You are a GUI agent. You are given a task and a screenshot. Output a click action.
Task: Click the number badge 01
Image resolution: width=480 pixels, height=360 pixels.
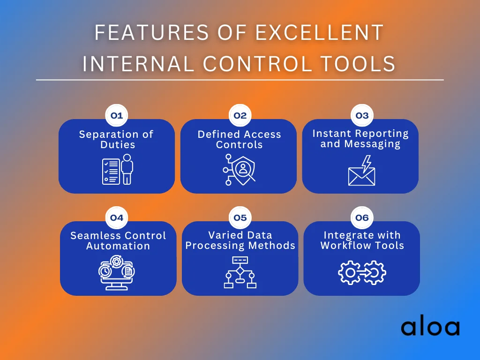pos(116,115)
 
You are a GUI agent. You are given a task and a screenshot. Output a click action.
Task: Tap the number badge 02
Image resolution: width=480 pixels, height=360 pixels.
pos(240,115)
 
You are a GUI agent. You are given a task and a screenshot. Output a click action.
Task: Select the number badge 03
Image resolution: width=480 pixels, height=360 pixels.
pos(362,115)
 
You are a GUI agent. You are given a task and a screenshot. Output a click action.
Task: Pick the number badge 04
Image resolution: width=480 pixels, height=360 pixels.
pos(116,217)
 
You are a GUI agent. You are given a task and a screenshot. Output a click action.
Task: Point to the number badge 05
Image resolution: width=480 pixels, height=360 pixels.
pos(240,217)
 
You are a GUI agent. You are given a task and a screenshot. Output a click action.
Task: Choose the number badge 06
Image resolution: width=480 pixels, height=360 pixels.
pos(362,217)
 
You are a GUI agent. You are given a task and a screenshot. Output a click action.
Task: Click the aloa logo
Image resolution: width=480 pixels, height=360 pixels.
pos(430,328)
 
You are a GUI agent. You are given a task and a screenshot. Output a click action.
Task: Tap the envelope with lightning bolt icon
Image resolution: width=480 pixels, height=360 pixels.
pos(362,172)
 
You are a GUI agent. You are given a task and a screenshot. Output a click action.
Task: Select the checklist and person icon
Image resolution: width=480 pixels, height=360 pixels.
pos(118,172)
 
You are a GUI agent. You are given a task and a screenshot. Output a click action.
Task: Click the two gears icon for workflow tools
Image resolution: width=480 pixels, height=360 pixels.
pos(362,272)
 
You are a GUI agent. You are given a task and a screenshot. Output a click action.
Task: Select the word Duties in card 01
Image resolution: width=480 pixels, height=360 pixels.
pos(118,145)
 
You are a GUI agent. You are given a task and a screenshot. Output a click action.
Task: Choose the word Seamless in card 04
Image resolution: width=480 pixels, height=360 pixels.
pos(92,236)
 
